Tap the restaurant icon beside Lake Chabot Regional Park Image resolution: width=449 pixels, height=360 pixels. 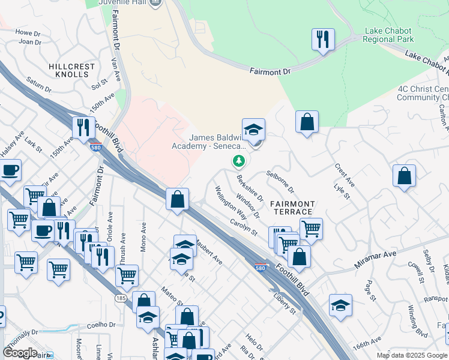click(x=323, y=40)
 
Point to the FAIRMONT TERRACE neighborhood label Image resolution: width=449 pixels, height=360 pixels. click(x=291, y=208)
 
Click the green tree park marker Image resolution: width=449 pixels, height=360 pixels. click(x=239, y=161)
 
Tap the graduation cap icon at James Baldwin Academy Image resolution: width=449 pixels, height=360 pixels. click(x=254, y=130)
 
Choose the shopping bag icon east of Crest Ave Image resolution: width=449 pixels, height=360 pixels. click(x=405, y=176)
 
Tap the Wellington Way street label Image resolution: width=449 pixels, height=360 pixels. click(x=231, y=202)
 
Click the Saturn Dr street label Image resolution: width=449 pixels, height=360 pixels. click(x=39, y=84)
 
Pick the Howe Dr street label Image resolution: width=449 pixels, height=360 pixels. click(x=27, y=32)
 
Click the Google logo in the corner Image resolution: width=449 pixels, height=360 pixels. click(x=20, y=353)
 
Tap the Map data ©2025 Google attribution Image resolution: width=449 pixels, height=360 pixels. click(x=411, y=355)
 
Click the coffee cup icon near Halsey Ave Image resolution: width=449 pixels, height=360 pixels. click(x=10, y=170)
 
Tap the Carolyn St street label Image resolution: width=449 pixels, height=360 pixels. click(x=243, y=227)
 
